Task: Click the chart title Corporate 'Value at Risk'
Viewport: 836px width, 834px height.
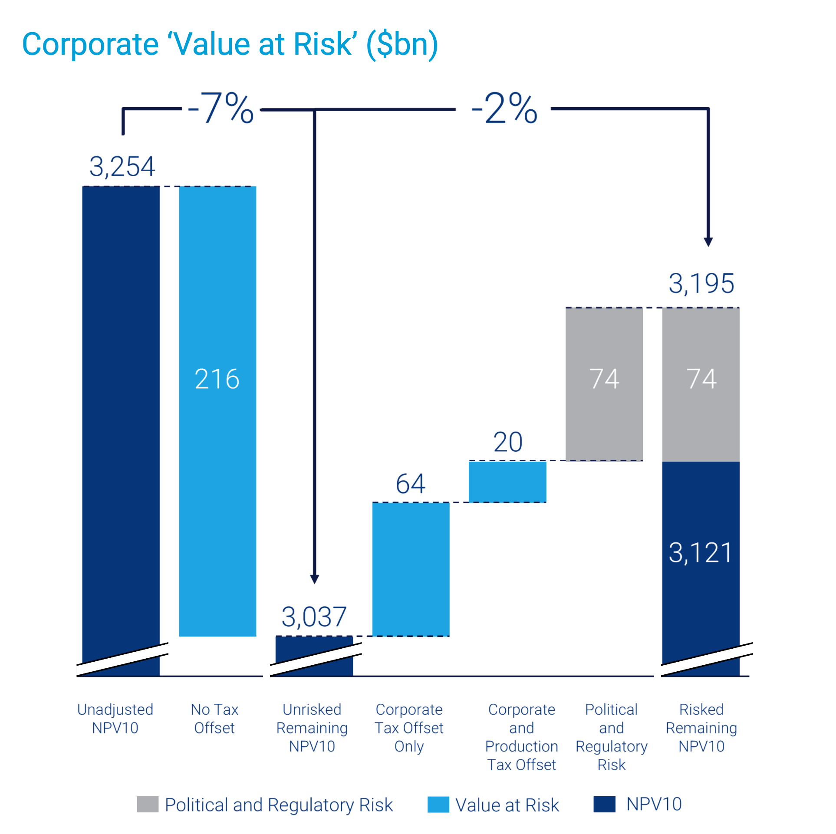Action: coord(230,45)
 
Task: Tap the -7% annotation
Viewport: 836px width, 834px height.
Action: coord(221,108)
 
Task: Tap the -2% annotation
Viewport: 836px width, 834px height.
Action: coord(504,108)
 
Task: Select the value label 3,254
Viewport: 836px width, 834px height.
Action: coord(122,167)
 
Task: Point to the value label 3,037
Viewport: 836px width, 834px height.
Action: coord(314,617)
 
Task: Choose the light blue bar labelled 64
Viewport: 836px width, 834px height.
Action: coord(411,569)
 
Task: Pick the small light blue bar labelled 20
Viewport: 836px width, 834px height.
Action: coord(507,482)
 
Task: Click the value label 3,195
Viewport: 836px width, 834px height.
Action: coord(701,284)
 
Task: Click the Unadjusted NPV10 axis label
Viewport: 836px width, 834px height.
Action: coord(115,719)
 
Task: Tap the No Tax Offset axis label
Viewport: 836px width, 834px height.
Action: coord(214,719)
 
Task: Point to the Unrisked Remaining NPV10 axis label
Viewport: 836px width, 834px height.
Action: coord(312,728)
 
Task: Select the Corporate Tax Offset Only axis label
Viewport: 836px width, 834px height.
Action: coord(409,728)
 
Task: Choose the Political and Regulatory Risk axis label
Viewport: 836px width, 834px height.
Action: coord(611,737)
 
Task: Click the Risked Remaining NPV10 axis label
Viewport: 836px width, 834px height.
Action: coord(701,728)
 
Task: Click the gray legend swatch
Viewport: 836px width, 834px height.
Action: coord(148,804)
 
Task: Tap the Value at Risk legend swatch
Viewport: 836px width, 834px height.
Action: coord(438,804)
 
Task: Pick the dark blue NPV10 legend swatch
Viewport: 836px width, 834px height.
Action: coord(604,804)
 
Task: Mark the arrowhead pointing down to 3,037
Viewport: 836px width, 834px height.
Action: coord(315,579)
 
